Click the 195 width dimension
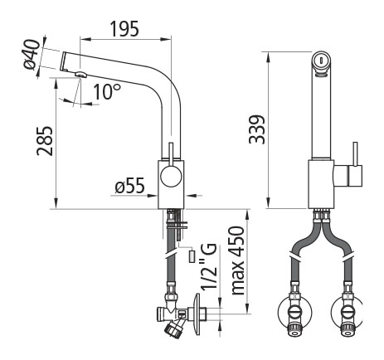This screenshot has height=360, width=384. point(124,29)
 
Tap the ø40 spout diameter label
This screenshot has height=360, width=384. point(32,54)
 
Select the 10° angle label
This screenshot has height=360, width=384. point(107,91)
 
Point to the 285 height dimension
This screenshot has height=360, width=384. point(45,141)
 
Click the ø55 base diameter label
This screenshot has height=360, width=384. point(130,185)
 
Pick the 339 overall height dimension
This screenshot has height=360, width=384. point(257,129)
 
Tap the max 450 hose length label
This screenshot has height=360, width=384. point(238,260)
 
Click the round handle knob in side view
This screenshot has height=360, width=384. point(171,177)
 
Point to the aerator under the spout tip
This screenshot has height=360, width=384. point(81,74)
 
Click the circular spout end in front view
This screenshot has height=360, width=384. point(321,60)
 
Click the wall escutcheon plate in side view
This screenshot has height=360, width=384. point(197,314)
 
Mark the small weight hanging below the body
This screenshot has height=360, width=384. point(192,256)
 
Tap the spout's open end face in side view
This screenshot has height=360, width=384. point(63,61)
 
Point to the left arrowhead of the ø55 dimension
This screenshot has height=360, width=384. point(153,196)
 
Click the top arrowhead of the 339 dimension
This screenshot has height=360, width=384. point(268,57)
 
